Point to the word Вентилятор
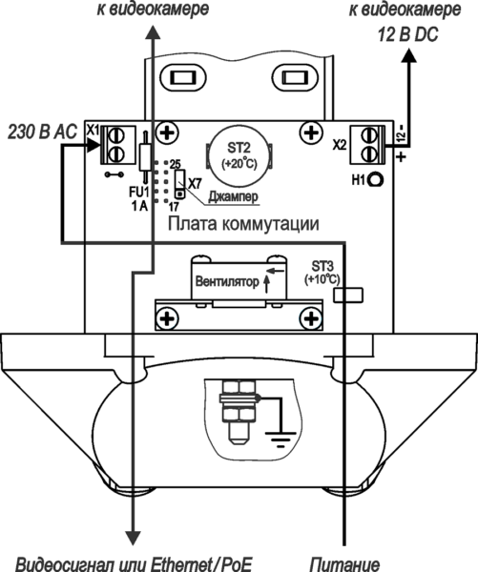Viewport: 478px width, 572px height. click(226, 282)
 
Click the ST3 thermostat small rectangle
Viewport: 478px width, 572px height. click(349, 296)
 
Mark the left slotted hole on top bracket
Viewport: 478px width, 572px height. click(178, 77)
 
